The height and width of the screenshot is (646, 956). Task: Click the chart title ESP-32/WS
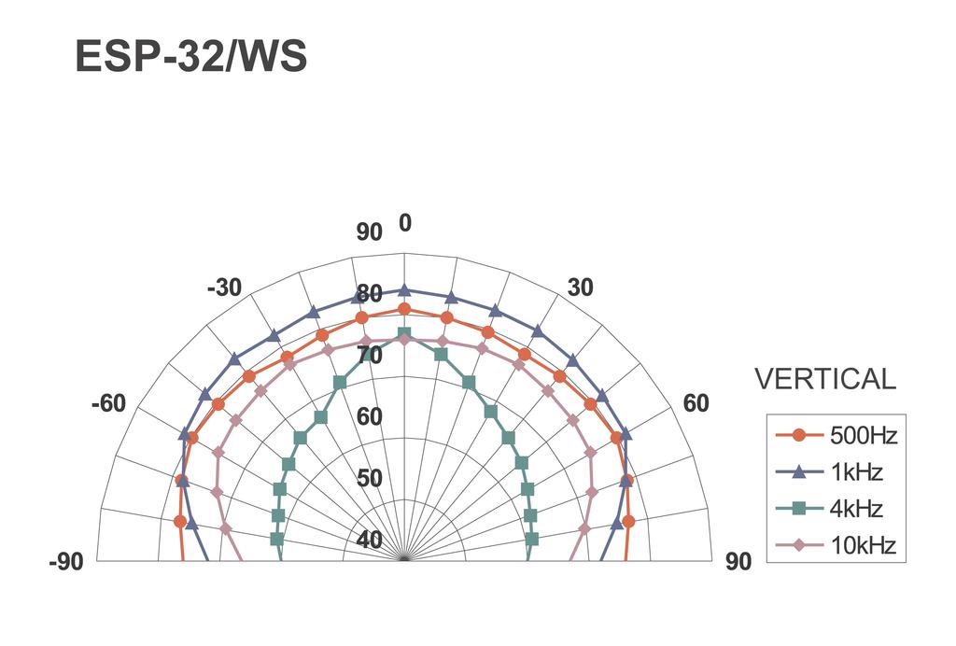[190, 56]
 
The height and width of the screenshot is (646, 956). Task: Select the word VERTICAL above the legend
[825, 379]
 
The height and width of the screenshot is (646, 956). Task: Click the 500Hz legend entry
[836, 435]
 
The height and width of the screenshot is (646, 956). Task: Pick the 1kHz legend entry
[829, 471]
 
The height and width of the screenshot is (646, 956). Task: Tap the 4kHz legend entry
[829, 508]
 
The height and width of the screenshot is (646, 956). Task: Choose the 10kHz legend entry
[836, 545]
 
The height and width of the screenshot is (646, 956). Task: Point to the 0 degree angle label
[405, 224]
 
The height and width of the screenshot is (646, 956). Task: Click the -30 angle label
[224, 288]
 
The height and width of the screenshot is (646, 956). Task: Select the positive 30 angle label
[580, 288]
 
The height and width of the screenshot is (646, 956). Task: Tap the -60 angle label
[108, 403]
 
